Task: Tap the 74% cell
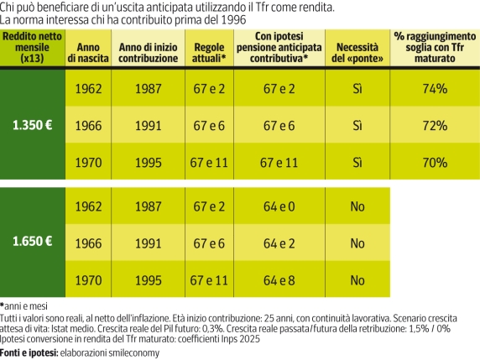(x=434, y=88)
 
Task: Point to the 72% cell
(x=434, y=125)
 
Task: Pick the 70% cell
(x=434, y=163)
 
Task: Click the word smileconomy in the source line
(x=132, y=353)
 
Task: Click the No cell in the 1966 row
(x=357, y=243)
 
